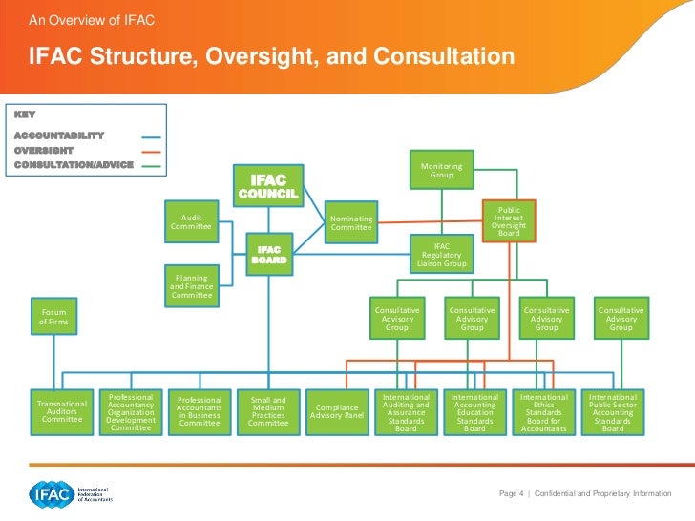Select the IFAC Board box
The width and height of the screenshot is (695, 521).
click(268, 255)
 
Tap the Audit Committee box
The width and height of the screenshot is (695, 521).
click(191, 221)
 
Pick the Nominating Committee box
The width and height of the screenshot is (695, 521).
click(350, 221)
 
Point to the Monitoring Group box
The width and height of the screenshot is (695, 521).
click(441, 170)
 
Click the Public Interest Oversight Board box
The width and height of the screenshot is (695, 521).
click(509, 220)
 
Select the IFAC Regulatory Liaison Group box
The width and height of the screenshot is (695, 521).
click(441, 254)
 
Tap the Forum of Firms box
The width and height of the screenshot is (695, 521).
click(53, 318)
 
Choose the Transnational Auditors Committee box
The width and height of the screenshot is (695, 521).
click(62, 411)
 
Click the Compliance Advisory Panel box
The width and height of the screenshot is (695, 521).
click(337, 411)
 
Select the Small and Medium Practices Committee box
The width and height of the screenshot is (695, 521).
click(268, 411)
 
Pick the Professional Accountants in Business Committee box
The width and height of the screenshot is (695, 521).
click(200, 411)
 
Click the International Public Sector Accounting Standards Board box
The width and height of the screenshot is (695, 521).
click(612, 412)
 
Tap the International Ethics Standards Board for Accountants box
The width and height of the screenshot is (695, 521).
click(543, 412)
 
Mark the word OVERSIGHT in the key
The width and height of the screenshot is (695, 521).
click(44, 150)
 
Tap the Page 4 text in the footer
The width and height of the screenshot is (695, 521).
click(511, 493)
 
